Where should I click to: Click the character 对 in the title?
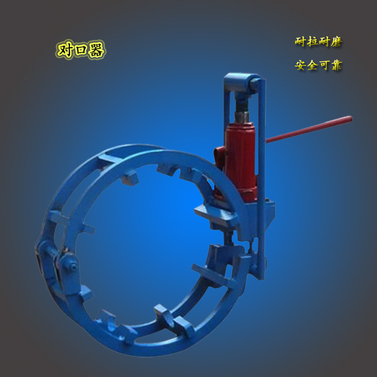(65, 50)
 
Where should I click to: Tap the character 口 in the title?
(80, 50)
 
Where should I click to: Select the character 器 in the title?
(96, 50)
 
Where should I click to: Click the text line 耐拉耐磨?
(319, 42)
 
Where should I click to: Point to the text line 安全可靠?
(319, 65)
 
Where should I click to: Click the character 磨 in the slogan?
(336, 42)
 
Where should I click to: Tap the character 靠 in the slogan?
(336, 65)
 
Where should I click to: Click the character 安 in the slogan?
(301, 65)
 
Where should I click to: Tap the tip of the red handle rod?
(350, 119)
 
